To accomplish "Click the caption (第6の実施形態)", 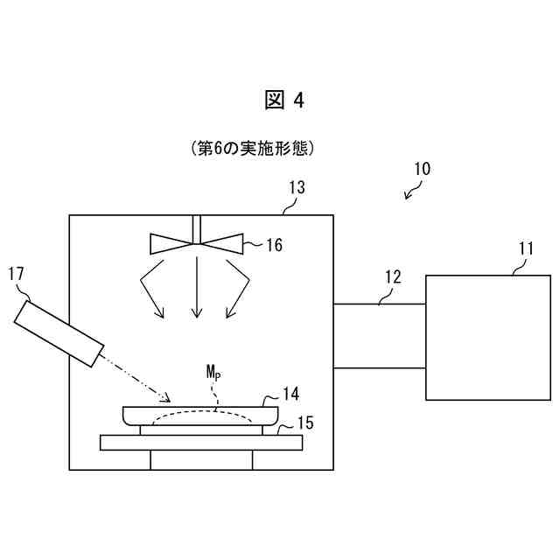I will (251, 149).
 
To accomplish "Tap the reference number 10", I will (421, 168).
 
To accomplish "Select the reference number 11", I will (525, 248).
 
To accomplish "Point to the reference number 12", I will (392, 277).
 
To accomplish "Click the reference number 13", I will (297, 186).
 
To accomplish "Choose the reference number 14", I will (290, 395).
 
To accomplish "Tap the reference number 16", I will (274, 245).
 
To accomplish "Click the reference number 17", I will (16, 275).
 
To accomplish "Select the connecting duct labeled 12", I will (379, 336).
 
